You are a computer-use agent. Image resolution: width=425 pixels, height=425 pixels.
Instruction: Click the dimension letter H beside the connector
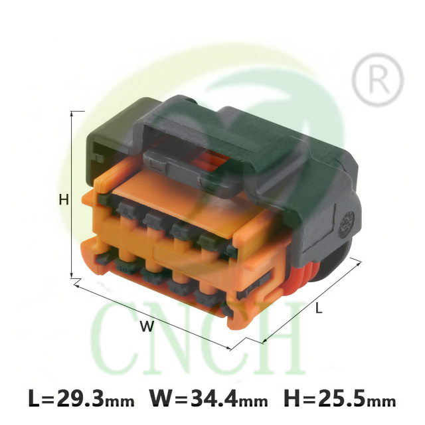click(x=64, y=200)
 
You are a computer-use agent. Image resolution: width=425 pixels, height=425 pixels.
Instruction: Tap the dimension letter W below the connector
click(x=147, y=326)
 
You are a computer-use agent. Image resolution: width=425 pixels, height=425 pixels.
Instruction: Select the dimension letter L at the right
click(x=319, y=308)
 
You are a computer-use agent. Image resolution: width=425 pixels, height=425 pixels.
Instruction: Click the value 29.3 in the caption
click(x=80, y=398)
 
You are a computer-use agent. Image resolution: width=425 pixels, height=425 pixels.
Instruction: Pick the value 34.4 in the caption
click(x=215, y=398)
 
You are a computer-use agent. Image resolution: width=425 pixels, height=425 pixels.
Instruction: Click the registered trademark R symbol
click(x=379, y=80)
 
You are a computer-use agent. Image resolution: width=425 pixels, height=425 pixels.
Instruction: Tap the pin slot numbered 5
click(x=126, y=210)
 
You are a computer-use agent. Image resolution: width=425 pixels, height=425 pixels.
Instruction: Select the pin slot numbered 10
click(x=123, y=268)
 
